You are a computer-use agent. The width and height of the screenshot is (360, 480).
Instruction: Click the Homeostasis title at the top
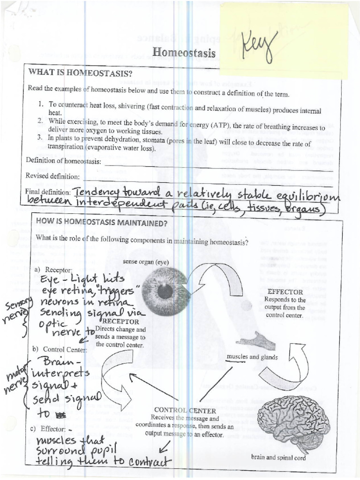(184, 52)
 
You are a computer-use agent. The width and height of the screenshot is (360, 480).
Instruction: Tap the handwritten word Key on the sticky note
(260, 47)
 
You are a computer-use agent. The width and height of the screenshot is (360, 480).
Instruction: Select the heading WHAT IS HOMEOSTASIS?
(81, 73)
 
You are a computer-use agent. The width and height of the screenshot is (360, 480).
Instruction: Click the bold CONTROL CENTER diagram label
(185, 410)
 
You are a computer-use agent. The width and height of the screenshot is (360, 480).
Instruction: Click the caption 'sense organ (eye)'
(146, 262)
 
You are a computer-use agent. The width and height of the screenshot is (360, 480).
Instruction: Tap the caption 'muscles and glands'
(252, 357)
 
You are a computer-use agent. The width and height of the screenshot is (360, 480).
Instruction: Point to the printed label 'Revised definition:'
(52, 176)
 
